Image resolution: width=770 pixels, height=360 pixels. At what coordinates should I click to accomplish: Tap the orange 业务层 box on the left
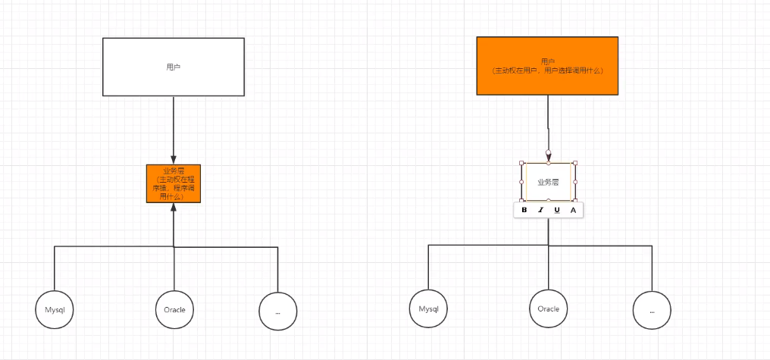174,183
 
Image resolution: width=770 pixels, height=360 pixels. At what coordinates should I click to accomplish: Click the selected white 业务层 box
548,182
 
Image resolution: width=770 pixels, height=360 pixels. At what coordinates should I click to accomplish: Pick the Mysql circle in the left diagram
55,310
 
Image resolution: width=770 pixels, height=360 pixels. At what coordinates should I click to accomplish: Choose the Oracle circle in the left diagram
174,309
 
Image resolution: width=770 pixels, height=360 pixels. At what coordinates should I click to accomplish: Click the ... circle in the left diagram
277,310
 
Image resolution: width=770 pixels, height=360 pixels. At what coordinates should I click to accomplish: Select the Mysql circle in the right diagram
428,309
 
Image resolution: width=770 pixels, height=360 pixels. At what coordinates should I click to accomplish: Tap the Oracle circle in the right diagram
548,308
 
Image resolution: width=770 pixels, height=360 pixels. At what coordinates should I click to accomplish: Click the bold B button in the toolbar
524,210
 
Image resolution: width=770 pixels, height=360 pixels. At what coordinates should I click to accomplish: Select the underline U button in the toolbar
557,210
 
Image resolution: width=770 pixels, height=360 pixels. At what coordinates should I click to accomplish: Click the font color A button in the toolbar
573,210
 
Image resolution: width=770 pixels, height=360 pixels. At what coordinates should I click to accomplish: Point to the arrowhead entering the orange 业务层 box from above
174,159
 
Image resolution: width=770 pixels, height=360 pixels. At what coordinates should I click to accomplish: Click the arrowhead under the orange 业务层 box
174,208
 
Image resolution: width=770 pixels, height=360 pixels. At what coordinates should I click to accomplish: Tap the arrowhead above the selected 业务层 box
548,154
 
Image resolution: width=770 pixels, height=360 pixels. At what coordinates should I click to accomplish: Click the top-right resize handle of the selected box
575,163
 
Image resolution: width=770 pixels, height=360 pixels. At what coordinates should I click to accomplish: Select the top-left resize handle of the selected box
521,163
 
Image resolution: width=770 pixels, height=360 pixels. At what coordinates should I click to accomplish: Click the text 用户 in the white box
173,67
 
